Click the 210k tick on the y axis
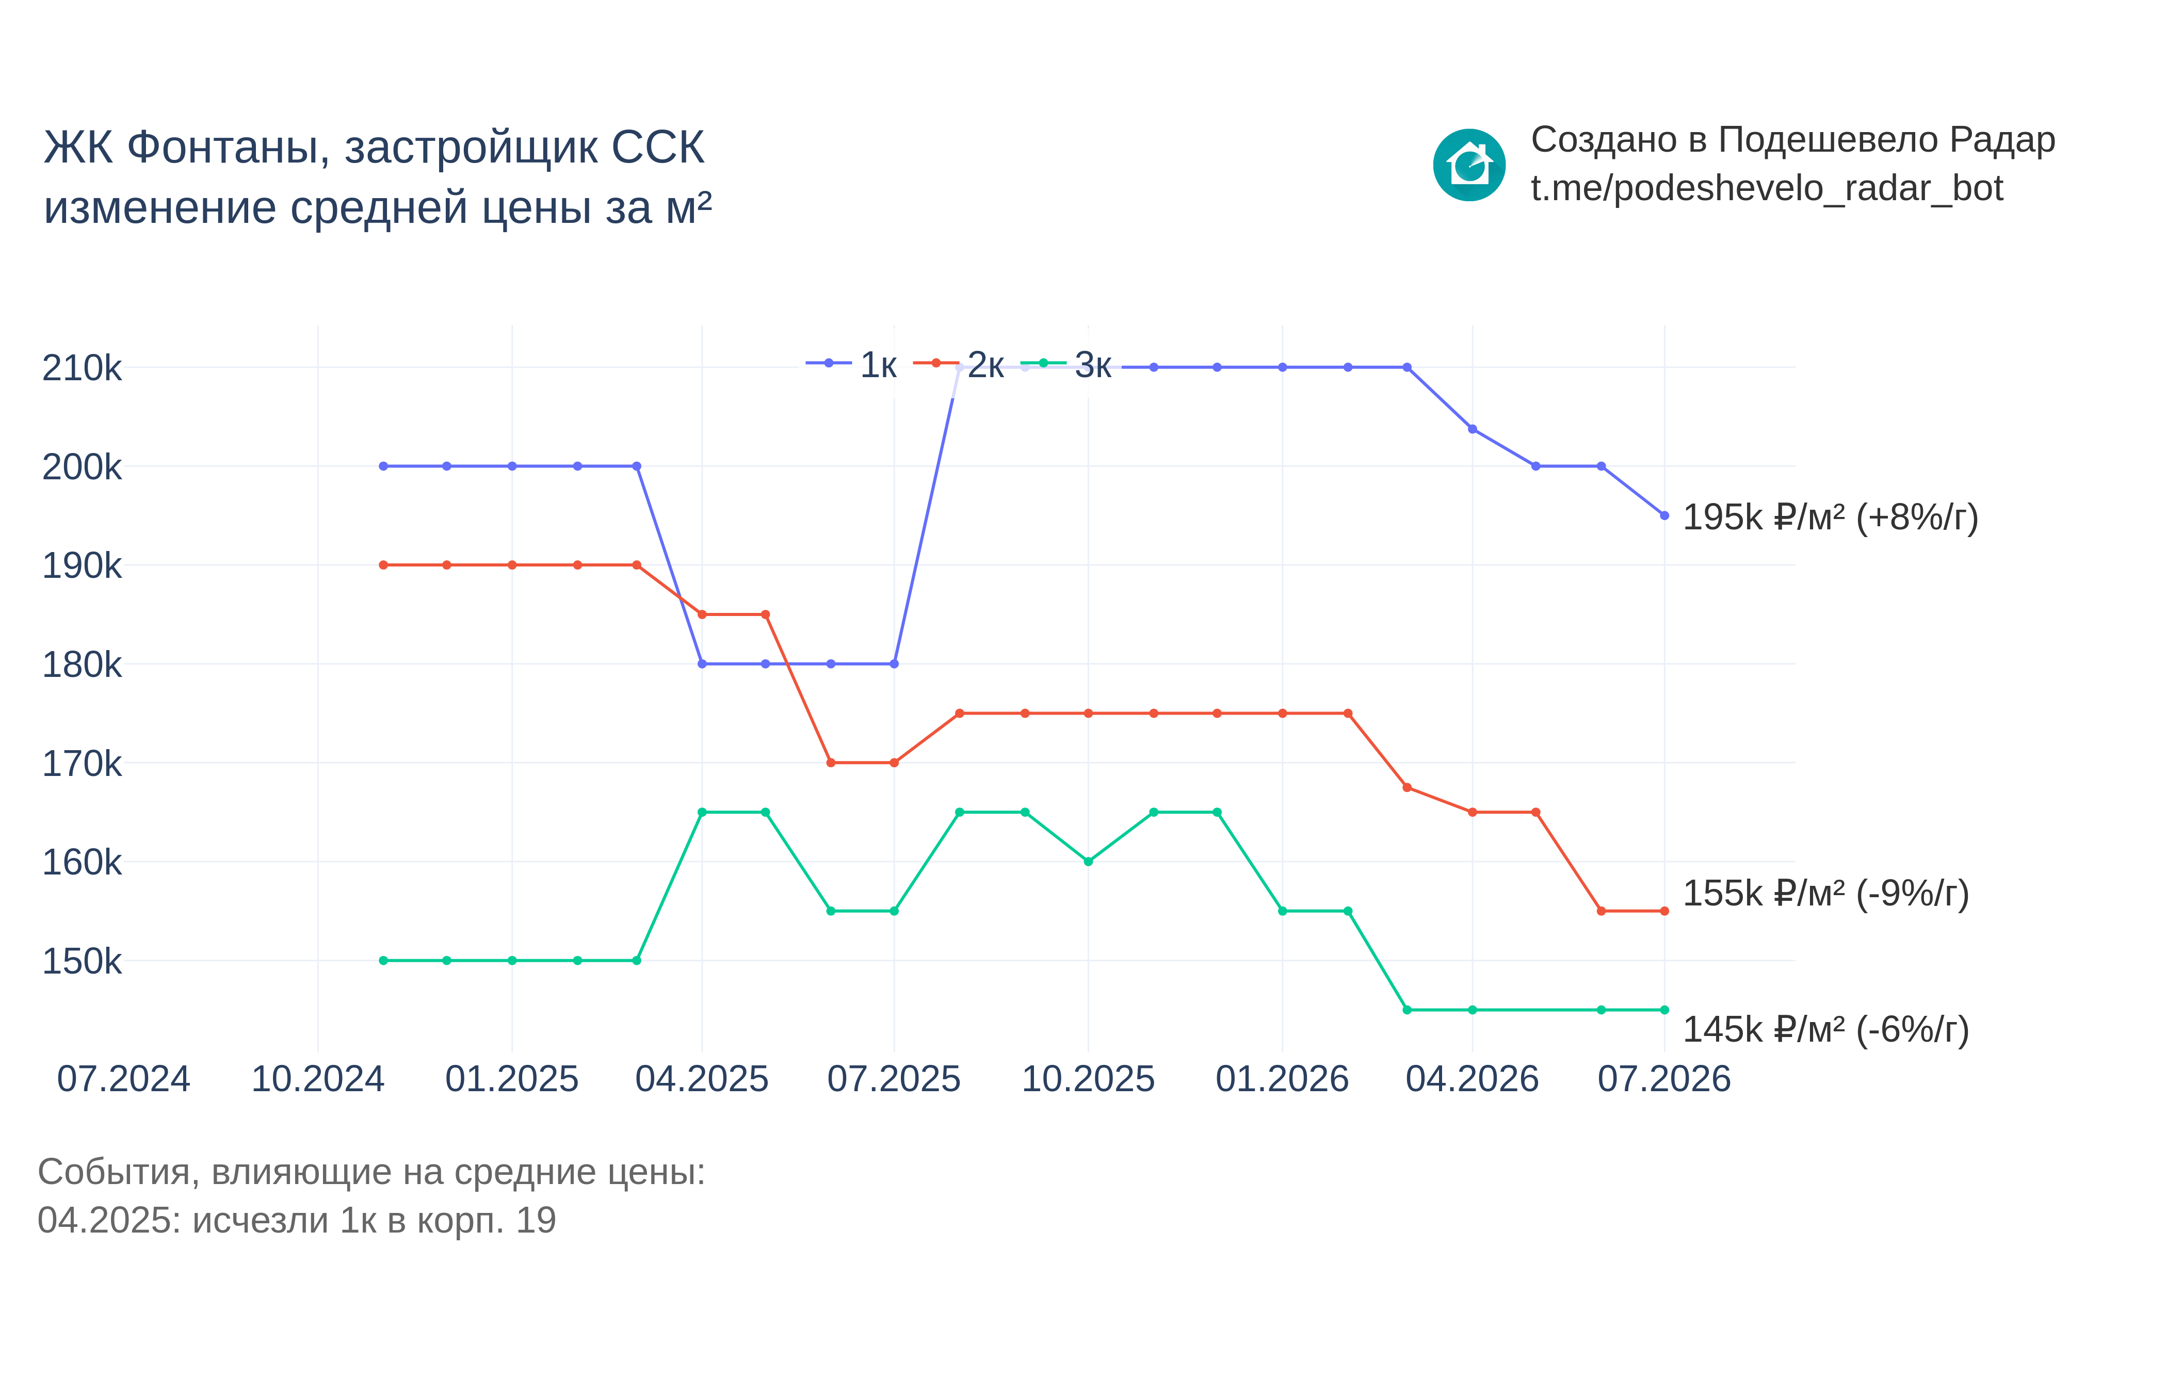coord(82,368)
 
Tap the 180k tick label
coord(82,665)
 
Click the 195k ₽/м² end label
coord(1830,517)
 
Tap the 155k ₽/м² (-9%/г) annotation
coord(1825,894)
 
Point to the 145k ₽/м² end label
coord(1825,1029)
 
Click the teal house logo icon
coord(1469,165)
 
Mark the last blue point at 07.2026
coord(1664,515)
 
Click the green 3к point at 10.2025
coord(1088,861)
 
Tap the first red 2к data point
coord(383,565)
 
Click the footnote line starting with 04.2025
coord(297,1220)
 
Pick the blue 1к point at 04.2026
coord(1473,429)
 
